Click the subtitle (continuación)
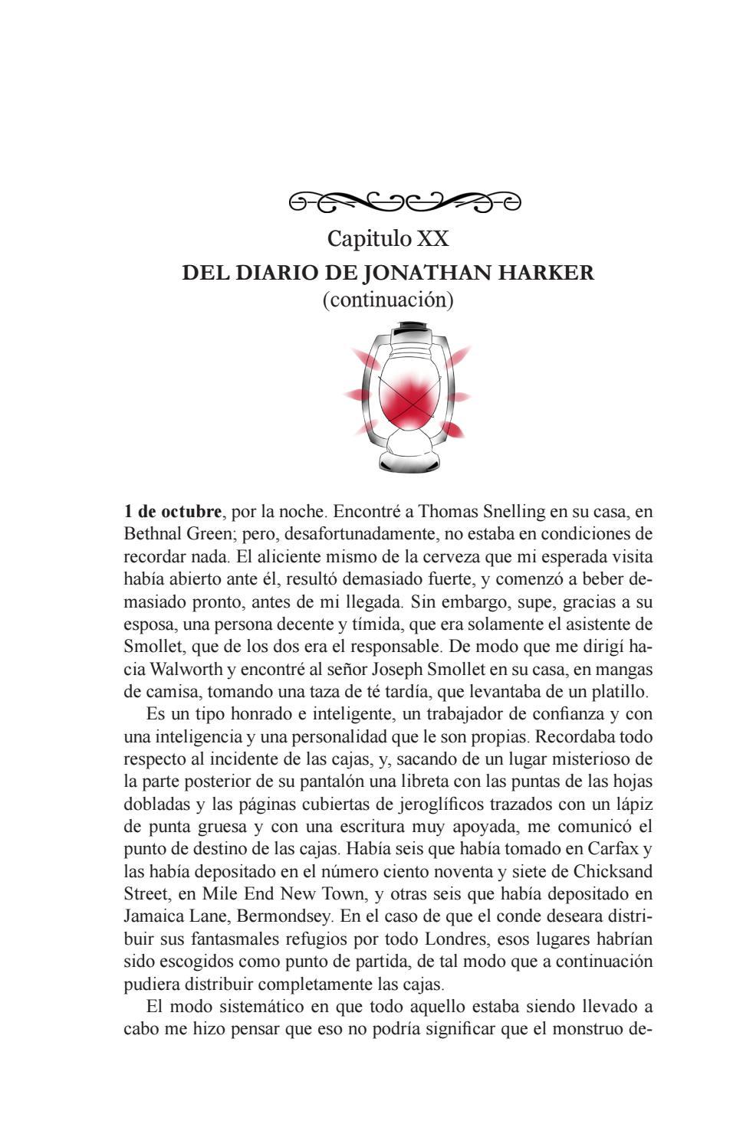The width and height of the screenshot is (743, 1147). point(388,300)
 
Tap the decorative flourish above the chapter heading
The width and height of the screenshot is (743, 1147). point(404,202)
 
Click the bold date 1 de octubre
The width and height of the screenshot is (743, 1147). point(173,511)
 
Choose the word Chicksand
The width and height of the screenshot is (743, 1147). point(613,872)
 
